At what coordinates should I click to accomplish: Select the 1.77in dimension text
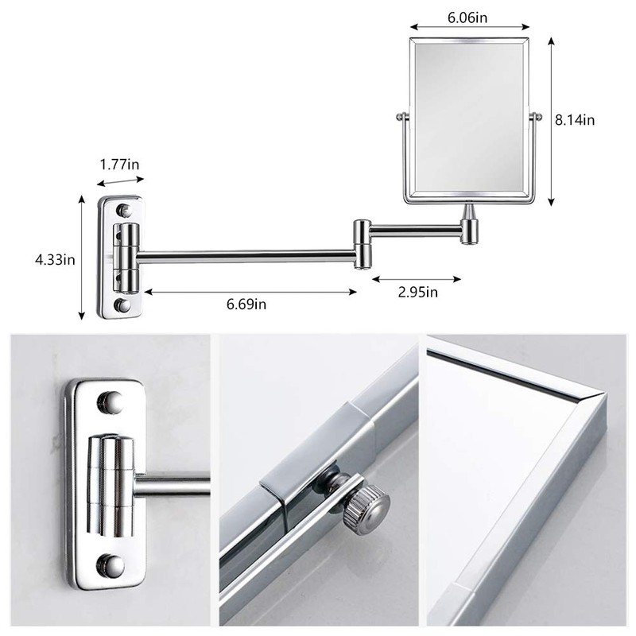pyautogui.click(x=121, y=165)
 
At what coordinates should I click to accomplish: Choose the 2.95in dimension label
pyautogui.click(x=417, y=292)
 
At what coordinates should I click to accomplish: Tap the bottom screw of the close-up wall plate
pyautogui.click(x=111, y=565)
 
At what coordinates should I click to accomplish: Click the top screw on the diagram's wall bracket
pyautogui.click(x=123, y=210)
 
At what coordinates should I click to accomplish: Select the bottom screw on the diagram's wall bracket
pyautogui.click(x=122, y=304)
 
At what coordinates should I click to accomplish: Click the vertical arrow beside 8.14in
pyautogui.click(x=550, y=119)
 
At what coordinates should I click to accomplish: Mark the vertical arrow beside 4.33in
pyautogui.click(x=83, y=258)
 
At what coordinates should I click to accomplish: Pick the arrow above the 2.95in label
pyautogui.click(x=417, y=278)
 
